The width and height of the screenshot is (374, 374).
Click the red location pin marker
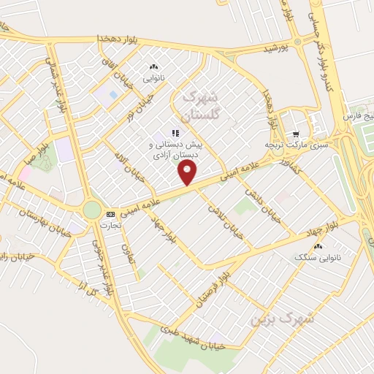click(x=188, y=172)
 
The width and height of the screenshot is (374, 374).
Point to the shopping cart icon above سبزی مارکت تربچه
click(x=296, y=134)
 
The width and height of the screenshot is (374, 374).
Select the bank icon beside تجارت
click(x=110, y=214)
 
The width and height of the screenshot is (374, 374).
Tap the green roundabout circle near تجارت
click(x=92, y=210)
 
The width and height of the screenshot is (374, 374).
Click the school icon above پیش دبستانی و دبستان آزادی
click(x=175, y=133)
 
